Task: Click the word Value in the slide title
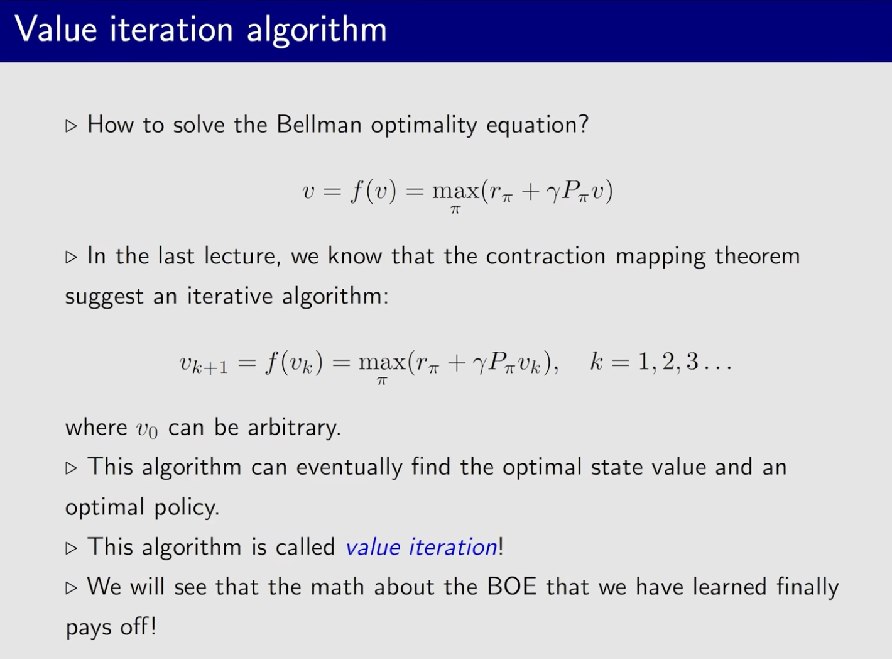(x=56, y=29)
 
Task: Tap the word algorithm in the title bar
(x=317, y=31)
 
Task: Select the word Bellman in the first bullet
(x=319, y=124)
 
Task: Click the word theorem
(x=758, y=256)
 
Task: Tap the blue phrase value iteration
(x=422, y=547)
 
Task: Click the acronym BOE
(x=511, y=587)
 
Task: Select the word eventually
(x=349, y=468)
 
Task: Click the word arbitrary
(x=294, y=428)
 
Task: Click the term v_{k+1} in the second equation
(x=204, y=363)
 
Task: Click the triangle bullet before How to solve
(x=71, y=126)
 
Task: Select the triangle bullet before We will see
(x=71, y=588)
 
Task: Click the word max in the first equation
(x=455, y=191)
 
